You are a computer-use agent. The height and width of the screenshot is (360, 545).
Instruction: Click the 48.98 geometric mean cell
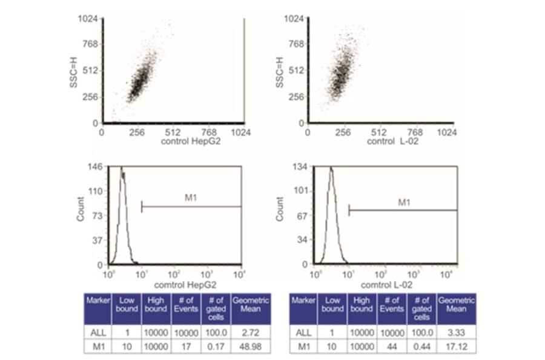click(245, 346)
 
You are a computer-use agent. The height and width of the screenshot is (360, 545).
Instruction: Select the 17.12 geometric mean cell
click(456, 346)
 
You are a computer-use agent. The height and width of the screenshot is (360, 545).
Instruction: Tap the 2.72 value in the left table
click(245, 332)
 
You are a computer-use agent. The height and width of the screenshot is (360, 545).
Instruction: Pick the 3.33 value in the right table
click(456, 332)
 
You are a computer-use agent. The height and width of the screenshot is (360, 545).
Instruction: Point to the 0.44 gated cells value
click(423, 346)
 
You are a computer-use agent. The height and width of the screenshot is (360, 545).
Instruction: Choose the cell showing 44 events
click(392, 346)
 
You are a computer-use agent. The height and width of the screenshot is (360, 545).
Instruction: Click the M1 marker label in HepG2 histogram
click(191, 198)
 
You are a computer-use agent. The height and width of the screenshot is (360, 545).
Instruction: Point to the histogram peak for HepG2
click(122, 168)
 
